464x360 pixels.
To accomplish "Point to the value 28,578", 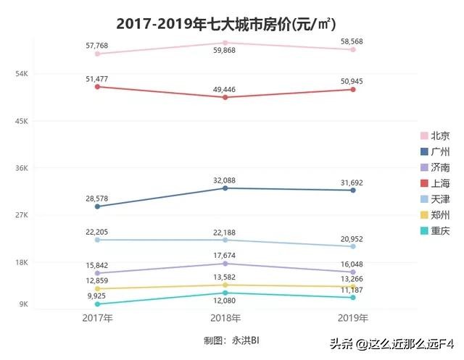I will [x=97, y=198].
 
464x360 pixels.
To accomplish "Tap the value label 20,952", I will [x=352, y=238].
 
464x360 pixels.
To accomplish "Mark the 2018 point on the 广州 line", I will [x=225, y=188].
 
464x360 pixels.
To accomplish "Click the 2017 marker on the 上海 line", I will [x=97, y=87].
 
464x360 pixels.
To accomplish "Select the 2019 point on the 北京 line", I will [x=352, y=50].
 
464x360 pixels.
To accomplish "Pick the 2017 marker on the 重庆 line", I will [x=97, y=304].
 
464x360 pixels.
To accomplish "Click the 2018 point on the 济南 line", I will [x=225, y=264].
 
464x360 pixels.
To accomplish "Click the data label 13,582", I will [x=225, y=277].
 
